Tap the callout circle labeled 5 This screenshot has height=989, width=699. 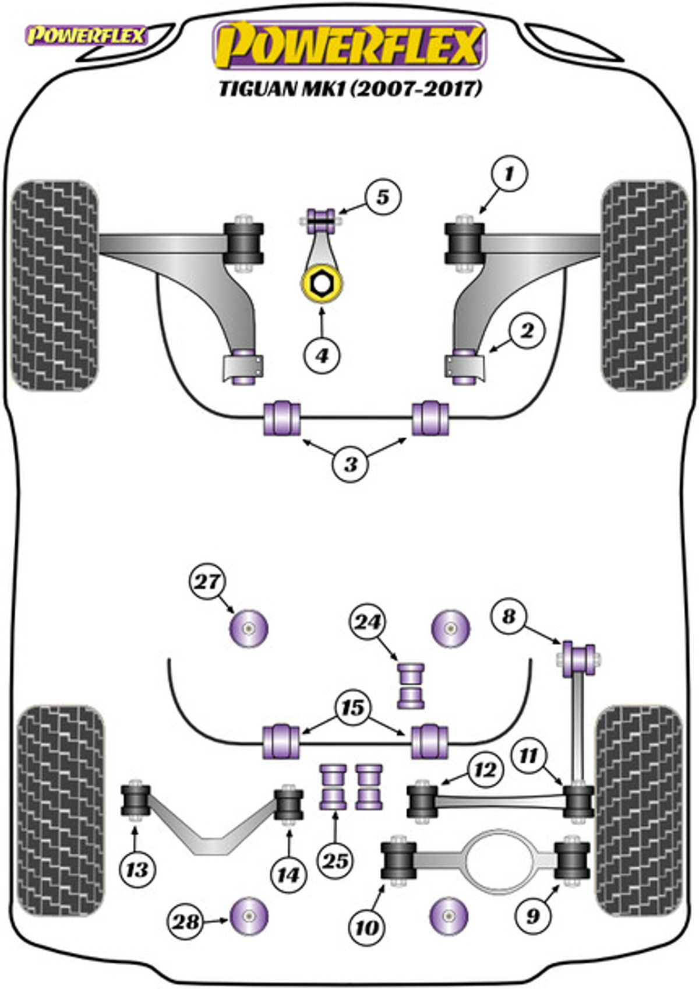(383, 197)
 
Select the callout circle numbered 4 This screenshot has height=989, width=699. (322, 356)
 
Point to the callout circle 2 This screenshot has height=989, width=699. (527, 330)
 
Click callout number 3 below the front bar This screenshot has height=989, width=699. (351, 464)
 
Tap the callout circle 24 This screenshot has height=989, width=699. (368, 623)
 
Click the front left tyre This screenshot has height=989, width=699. (55, 286)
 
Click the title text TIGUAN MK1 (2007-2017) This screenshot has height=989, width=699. (349, 89)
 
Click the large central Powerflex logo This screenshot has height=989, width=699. (350, 45)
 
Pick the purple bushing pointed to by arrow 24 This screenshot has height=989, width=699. (411, 685)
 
